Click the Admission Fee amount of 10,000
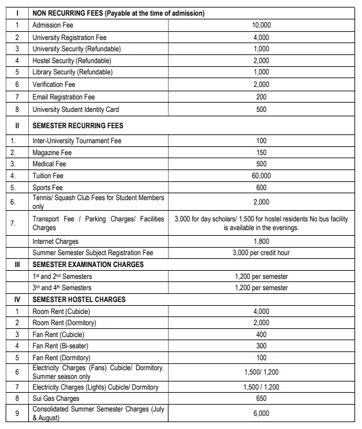point(261,25)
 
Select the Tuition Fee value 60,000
point(261,176)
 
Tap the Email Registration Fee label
point(63,97)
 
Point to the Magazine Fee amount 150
point(261,153)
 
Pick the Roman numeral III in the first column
point(17,265)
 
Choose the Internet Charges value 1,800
point(261,241)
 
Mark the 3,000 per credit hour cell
point(261,253)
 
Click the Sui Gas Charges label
point(56,398)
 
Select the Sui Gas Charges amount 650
point(261,398)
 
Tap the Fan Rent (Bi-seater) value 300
point(261,346)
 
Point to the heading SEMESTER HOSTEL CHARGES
point(79,300)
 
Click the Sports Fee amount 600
point(261,188)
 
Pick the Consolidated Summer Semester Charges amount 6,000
point(261,413)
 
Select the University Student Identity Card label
point(75,109)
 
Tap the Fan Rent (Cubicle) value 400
point(261,335)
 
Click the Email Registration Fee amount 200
point(261,97)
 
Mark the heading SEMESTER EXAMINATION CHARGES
point(88,265)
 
